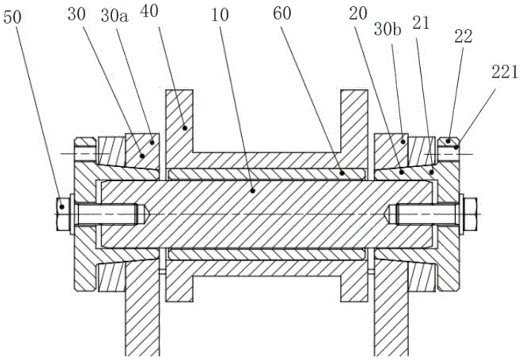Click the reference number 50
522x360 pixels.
[x=12, y=17]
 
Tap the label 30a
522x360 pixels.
[x=115, y=15]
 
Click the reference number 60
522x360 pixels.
[x=282, y=14]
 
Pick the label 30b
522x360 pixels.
[x=388, y=29]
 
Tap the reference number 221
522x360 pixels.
[x=505, y=72]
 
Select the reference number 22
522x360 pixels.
[x=464, y=37]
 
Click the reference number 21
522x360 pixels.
[x=421, y=24]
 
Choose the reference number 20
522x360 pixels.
[x=358, y=14]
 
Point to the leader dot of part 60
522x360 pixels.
[x=341, y=173]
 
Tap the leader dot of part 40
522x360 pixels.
[x=185, y=127]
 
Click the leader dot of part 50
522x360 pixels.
[x=62, y=207]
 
